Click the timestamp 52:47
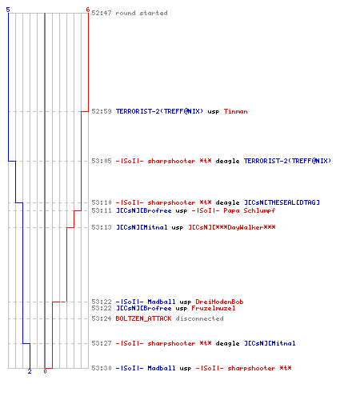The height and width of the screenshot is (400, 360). [x=102, y=13]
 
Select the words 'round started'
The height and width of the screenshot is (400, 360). [x=142, y=13]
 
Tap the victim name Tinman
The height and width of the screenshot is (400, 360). [x=236, y=111]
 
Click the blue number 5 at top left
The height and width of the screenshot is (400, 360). [x=8, y=10]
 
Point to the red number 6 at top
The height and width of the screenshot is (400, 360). [x=88, y=10]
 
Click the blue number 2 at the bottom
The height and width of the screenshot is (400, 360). [x=30, y=371]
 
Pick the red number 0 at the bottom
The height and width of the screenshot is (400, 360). [x=45, y=371]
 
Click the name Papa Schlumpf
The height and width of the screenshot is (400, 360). [x=250, y=210]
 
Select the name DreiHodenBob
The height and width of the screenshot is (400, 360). [x=219, y=302]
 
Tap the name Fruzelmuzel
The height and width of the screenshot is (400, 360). [x=214, y=308]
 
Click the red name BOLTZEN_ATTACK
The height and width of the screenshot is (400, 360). [x=143, y=318]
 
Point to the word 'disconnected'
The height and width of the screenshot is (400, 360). [x=199, y=318]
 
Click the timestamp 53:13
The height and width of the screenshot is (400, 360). [x=102, y=227]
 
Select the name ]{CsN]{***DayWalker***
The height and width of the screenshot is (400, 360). [x=232, y=227]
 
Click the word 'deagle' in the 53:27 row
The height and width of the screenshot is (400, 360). [x=227, y=343]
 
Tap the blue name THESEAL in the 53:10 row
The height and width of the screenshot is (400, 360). [x=282, y=202]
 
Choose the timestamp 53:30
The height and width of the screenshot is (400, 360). [x=102, y=368]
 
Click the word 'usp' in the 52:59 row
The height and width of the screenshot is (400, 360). [x=214, y=111]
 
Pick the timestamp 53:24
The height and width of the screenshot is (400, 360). [x=102, y=318]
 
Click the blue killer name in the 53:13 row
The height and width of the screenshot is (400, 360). [x=142, y=227]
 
